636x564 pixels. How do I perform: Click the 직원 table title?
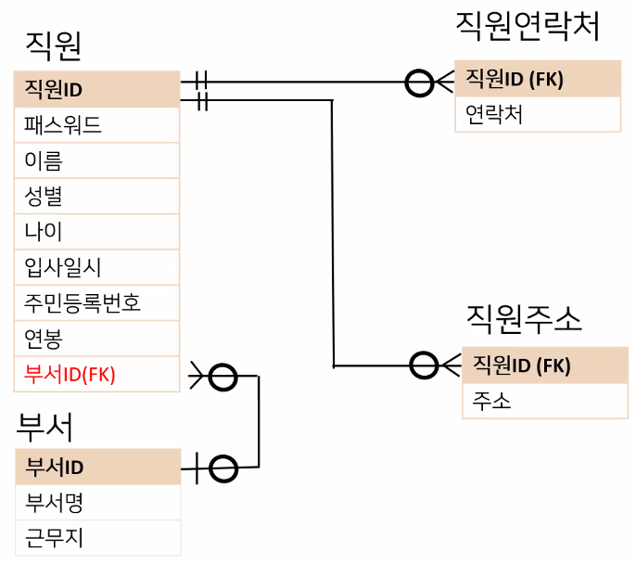pyautogui.click(x=54, y=45)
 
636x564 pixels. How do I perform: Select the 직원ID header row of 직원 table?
pyautogui.click(x=96, y=89)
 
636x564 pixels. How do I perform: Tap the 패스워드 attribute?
pyautogui.click(x=96, y=124)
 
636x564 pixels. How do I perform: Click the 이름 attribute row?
pyautogui.click(x=96, y=160)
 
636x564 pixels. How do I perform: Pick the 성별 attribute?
pyautogui.click(x=96, y=196)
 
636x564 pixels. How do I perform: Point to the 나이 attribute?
pyautogui.click(x=96, y=231)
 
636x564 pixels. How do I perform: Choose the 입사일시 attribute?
pyautogui.click(x=96, y=267)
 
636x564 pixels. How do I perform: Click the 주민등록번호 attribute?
pyautogui.click(x=96, y=302)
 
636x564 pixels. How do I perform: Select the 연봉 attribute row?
pyautogui.click(x=96, y=338)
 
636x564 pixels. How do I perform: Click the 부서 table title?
pyautogui.click(x=45, y=429)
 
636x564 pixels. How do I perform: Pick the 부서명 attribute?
pyautogui.click(x=97, y=503)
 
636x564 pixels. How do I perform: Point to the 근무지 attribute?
pyautogui.click(x=97, y=538)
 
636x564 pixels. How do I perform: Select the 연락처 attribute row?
pyautogui.click(x=537, y=114)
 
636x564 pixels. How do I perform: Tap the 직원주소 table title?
pyautogui.click(x=525, y=319)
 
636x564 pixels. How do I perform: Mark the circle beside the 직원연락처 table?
pyautogui.click(x=420, y=83)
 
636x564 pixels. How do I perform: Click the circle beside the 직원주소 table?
pyautogui.click(x=424, y=365)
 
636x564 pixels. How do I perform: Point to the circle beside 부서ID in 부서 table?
pyautogui.click(x=223, y=468)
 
